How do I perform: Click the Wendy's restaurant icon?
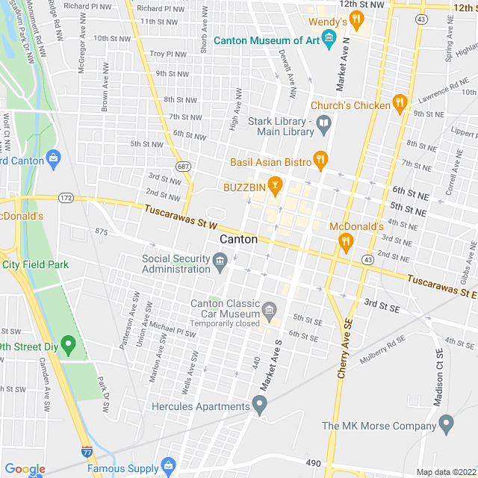point(357,19)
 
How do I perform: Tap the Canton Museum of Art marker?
point(328,39)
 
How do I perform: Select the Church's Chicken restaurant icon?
point(400,105)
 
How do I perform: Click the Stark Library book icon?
point(323,125)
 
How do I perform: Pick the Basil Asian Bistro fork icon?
point(320,160)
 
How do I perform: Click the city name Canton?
point(238,240)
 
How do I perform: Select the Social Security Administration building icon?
point(220,260)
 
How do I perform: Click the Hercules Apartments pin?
point(259,406)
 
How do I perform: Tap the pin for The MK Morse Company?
point(447,425)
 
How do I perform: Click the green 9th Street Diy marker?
point(69,345)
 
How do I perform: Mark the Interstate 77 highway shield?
point(87,452)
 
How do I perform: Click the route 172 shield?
point(66,199)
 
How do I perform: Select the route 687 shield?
point(183,165)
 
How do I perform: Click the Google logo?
point(25,469)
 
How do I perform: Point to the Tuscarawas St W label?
point(181,218)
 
